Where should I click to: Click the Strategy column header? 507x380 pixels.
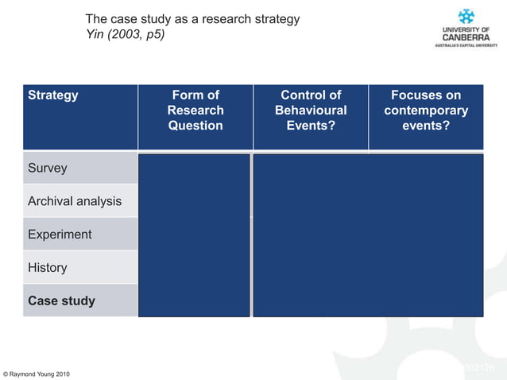53,95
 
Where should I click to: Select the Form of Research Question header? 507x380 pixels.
195,111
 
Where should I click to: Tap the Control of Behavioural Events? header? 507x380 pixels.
311,111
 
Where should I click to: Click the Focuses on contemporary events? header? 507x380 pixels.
426,111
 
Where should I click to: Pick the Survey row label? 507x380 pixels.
48,169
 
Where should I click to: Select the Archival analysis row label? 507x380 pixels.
75,201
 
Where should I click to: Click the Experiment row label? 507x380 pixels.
60,235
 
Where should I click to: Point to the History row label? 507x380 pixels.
48,268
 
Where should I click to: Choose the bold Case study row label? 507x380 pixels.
61,301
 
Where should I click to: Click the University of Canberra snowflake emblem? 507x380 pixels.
466,16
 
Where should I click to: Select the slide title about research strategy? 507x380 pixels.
192,19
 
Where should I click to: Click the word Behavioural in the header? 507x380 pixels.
311,111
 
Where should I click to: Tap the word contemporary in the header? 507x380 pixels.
426,111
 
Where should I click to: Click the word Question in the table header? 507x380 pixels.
195,126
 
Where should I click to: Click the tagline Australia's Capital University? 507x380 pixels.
466,45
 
